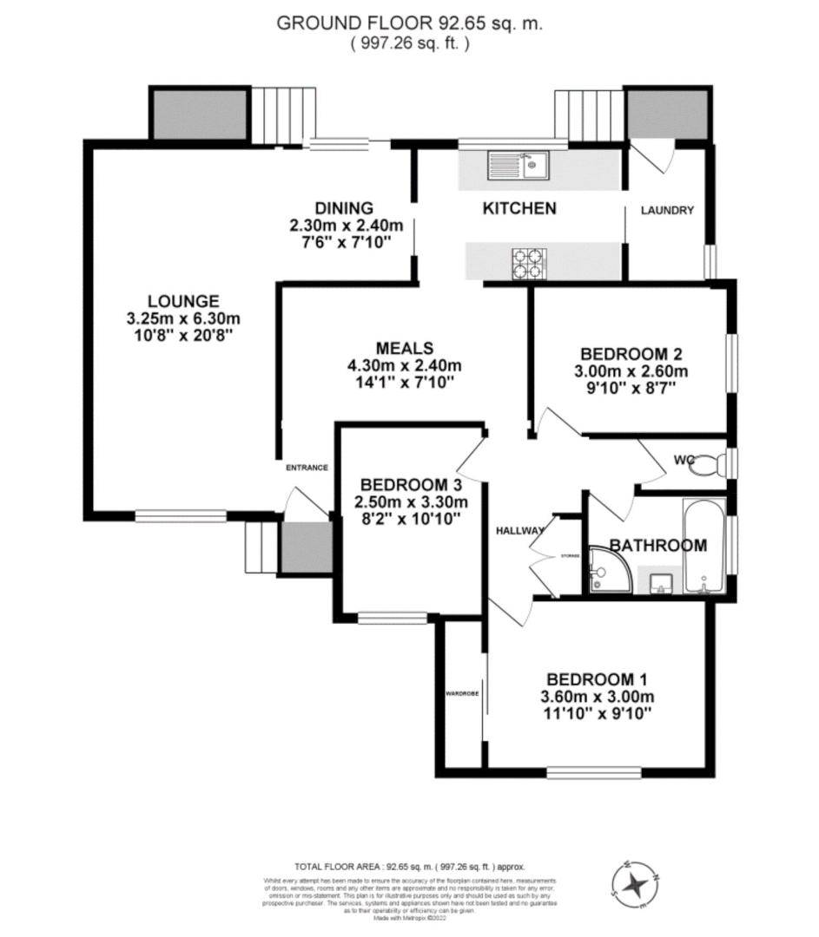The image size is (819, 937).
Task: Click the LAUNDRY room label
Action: pos(667,210)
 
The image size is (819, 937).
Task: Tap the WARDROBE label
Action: pos(458,694)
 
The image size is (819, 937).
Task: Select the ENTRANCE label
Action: pos(307,468)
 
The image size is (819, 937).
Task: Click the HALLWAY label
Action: pos(520,531)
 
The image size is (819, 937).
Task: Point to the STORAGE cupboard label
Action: pos(569,556)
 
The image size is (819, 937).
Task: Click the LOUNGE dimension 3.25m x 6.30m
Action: pos(182,318)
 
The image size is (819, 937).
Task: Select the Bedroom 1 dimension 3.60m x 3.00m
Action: pos(596,697)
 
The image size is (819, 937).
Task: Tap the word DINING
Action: pos(344,208)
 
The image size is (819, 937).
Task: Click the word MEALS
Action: pos(400,348)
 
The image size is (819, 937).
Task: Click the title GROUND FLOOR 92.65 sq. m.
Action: pos(409,24)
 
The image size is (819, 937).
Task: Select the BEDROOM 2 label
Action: pos(631,354)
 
